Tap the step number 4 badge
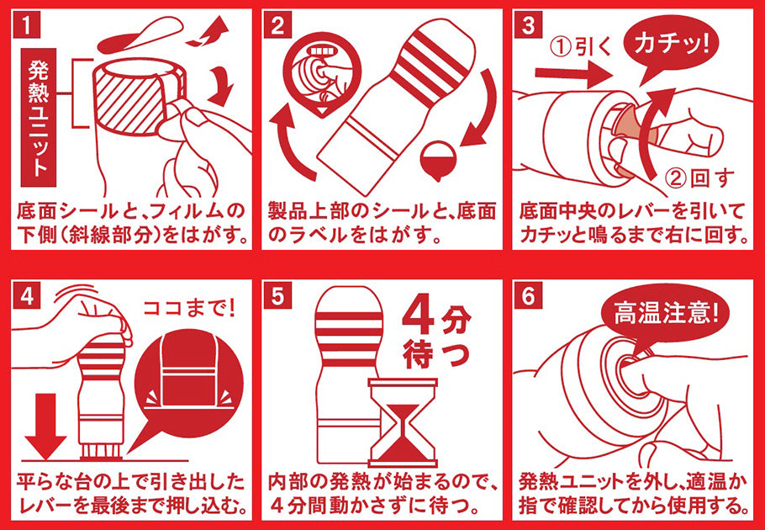[x=27, y=297]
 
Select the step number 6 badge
[x=528, y=297]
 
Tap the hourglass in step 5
[x=403, y=422]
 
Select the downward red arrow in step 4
[x=45, y=418]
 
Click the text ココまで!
[x=189, y=309]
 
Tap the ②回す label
[x=699, y=179]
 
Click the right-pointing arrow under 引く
[x=573, y=75]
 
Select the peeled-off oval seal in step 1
[x=140, y=35]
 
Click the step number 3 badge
[x=528, y=26]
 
